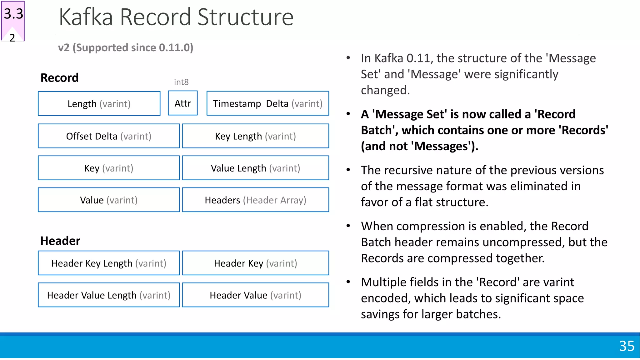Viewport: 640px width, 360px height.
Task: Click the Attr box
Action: pos(182,103)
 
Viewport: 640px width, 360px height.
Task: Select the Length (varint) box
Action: pos(99,103)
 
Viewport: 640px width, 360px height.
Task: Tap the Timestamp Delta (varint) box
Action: pos(267,103)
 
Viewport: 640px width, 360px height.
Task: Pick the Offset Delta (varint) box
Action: pos(108,136)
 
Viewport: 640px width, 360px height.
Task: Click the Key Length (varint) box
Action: pos(255,136)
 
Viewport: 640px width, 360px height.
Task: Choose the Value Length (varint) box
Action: pos(255,168)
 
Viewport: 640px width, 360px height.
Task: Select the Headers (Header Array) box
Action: pos(255,200)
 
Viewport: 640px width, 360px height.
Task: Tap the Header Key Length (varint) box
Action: pos(108,263)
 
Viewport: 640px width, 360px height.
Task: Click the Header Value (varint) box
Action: pos(255,295)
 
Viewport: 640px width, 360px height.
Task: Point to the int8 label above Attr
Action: pos(181,82)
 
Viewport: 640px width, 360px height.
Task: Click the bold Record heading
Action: pos(59,77)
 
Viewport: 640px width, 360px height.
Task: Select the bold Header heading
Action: pos(60,241)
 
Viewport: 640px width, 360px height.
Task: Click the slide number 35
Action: pos(627,346)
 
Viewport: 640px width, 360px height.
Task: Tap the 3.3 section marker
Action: pos(13,14)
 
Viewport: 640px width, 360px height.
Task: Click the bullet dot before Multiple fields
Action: pos(348,282)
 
